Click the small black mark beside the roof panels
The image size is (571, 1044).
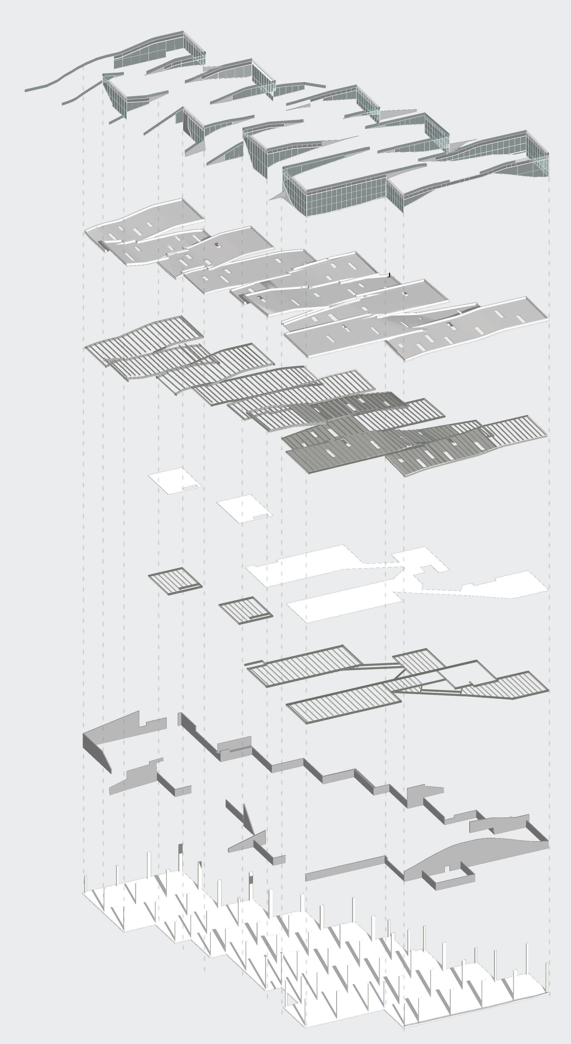point(389,275)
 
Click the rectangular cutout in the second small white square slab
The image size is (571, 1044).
point(261,516)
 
